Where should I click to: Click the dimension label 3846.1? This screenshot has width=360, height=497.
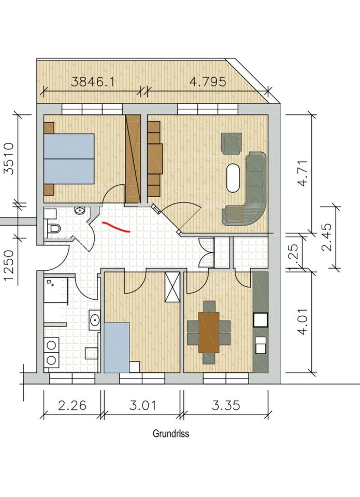[x=92, y=82]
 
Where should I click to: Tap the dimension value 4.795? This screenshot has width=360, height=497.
[x=208, y=81]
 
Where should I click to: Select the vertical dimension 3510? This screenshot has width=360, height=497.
[x=9, y=158]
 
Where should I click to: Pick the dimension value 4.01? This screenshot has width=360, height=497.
[x=303, y=321]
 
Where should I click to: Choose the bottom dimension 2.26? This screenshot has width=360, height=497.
[x=72, y=405]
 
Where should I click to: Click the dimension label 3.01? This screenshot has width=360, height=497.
[x=143, y=405]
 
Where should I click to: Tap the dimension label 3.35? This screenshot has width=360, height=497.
[x=226, y=405]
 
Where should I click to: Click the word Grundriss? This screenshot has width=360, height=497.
[x=171, y=433]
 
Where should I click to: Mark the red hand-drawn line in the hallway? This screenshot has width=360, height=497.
[x=116, y=227]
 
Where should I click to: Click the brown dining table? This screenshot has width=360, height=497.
[x=209, y=332]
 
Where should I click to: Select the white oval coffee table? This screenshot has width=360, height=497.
[x=233, y=178]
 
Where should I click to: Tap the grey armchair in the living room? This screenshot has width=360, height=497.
[x=232, y=143]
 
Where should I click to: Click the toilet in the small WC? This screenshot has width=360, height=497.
[x=53, y=228]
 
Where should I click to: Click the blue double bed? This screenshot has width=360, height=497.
[x=69, y=159]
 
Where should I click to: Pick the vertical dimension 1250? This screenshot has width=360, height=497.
[x=9, y=265]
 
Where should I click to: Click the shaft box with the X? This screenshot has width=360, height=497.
[x=172, y=287]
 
